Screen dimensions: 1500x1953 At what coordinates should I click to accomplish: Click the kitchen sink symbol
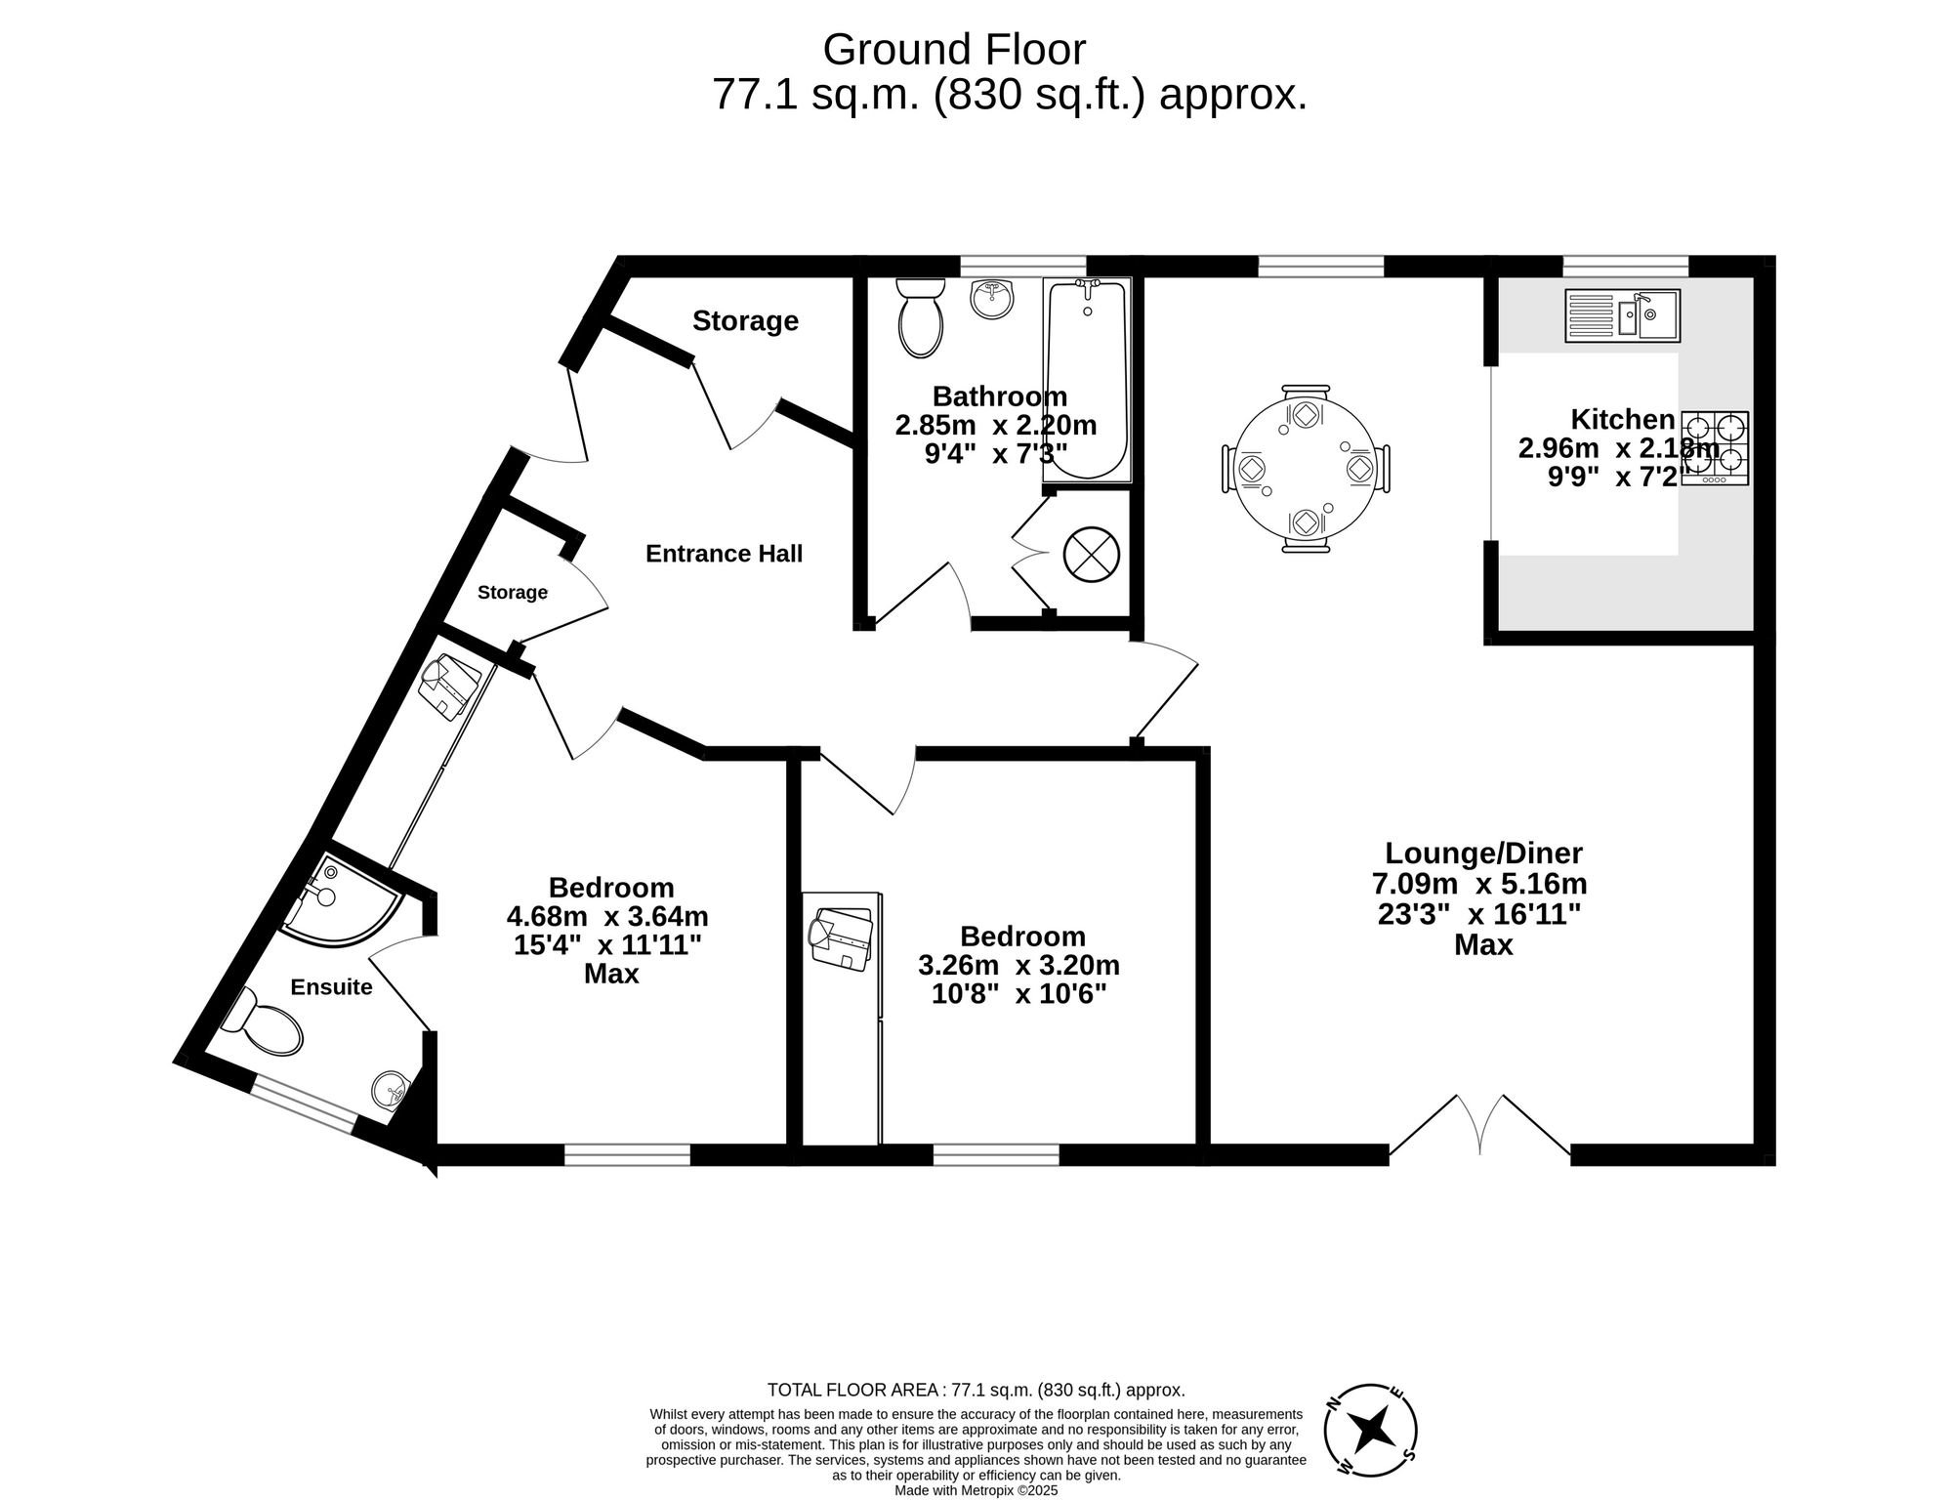[x=1622, y=315]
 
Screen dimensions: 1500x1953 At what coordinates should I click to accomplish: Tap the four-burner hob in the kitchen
[x=1716, y=448]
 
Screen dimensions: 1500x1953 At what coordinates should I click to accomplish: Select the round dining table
[x=1306, y=469]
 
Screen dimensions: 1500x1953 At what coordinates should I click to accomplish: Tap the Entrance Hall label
[x=724, y=554]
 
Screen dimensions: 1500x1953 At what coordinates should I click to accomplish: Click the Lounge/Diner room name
[x=1482, y=854]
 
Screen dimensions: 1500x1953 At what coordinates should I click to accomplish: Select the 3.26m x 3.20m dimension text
[x=1018, y=966]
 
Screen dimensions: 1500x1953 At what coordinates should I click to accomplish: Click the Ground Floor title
[x=954, y=49]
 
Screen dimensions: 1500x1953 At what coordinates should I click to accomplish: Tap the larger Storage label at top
[x=745, y=321]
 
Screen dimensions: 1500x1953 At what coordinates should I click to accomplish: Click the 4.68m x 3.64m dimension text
[x=607, y=917]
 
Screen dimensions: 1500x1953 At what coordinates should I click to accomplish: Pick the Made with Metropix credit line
[x=976, y=1490]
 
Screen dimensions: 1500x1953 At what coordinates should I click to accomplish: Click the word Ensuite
[x=331, y=987]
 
